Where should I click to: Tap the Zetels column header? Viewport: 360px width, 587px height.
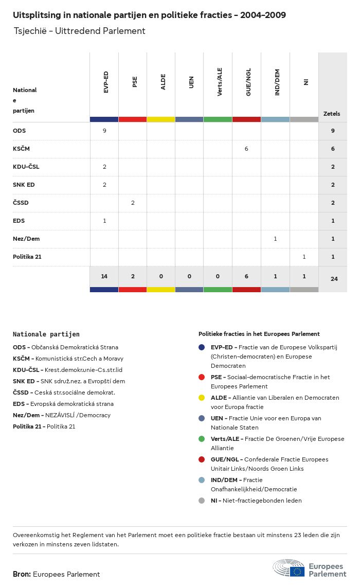pos(332,114)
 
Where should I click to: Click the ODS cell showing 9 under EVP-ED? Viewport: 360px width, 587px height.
pos(104,131)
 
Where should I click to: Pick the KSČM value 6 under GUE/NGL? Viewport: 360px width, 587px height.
pos(246,149)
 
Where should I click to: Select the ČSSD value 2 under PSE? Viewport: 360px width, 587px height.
pos(133,203)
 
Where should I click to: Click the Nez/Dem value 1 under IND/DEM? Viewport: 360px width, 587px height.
pos(275,239)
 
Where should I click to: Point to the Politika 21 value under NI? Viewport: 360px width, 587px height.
pos(304,257)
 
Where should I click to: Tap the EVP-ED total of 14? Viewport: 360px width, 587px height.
pos(104,276)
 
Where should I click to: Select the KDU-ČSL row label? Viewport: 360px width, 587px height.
pos(26,167)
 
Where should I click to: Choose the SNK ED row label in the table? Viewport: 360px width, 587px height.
pos(24,185)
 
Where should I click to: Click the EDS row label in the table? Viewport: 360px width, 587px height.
pos(19,221)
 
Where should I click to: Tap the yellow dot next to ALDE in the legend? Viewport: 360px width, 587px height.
pos(202,398)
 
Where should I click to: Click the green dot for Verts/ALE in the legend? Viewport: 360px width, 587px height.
pos(202,439)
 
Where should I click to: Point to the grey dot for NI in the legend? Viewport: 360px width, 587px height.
pos(202,501)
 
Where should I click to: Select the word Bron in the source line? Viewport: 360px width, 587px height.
pos(22,574)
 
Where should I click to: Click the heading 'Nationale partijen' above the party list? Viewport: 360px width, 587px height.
pos(46,334)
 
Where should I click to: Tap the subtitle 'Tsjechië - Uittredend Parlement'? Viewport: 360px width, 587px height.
pos(79,31)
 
